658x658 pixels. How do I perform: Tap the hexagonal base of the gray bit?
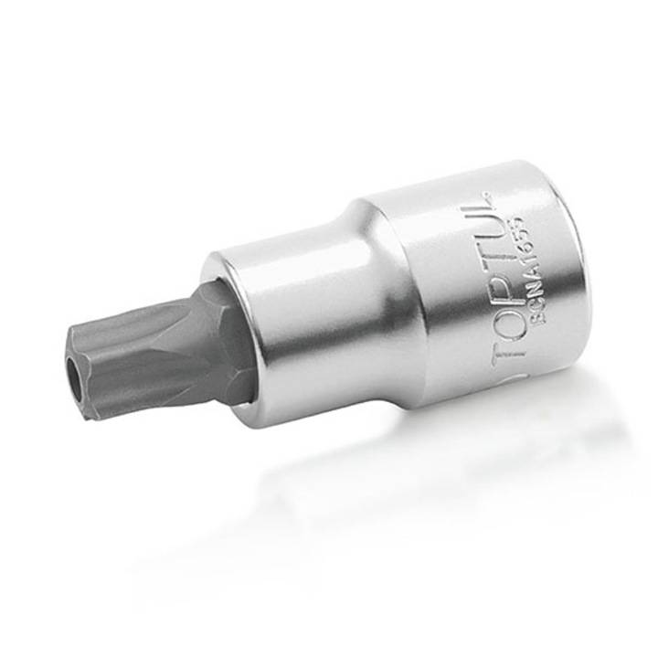228,343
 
